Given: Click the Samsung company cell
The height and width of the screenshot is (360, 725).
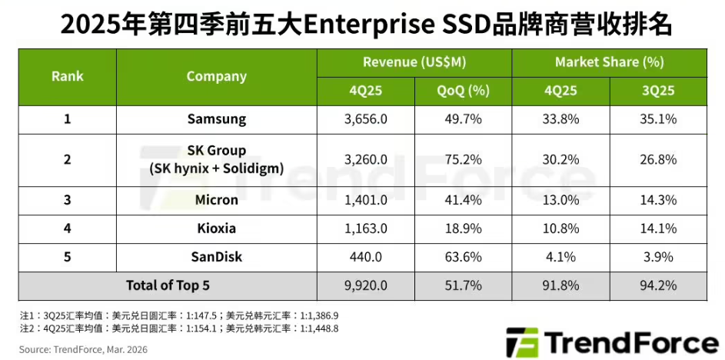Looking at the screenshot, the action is tap(216, 119).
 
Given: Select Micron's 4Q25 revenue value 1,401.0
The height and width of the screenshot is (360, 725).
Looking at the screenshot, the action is tap(366, 200).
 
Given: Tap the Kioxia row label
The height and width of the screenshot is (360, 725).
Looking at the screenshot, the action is tap(216, 228).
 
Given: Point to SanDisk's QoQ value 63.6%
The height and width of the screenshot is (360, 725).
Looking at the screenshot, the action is tap(464, 256).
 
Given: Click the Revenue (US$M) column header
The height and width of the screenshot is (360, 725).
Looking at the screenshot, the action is tap(414, 62).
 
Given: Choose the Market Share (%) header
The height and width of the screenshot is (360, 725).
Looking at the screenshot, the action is tap(610, 62).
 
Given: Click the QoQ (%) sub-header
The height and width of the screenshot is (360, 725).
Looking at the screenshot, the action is tap(464, 90).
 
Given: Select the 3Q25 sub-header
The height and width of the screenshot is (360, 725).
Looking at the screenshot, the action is tap(658, 90).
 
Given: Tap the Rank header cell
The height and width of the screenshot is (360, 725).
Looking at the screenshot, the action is tap(68, 76).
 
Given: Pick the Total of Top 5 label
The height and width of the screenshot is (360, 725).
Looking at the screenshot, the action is tap(168, 285).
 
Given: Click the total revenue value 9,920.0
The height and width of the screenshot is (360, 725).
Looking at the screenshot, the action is tap(366, 285).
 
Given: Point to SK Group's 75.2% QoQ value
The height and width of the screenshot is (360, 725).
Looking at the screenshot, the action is tap(464, 160).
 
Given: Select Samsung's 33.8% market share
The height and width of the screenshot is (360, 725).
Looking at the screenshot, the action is tap(561, 119).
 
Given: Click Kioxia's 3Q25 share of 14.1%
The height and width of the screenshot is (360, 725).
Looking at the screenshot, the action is tap(658, 228).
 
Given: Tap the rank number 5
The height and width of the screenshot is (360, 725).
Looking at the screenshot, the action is tap(68, 256).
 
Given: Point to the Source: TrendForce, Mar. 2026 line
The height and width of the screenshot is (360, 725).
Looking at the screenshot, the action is tap(84, 348).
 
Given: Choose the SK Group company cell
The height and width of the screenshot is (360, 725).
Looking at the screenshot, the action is tap(216, 160).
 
